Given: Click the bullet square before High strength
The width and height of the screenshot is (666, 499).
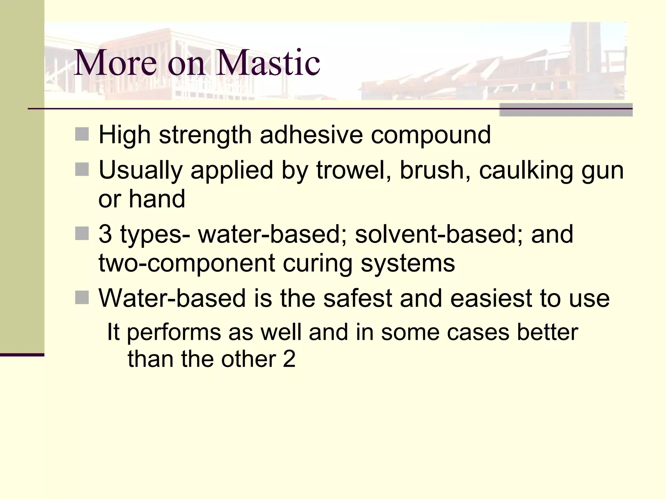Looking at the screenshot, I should [82, 134].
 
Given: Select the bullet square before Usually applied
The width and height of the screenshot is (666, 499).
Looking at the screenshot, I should [82, 169].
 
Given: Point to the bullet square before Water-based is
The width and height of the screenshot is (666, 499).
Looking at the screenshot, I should [82, 298].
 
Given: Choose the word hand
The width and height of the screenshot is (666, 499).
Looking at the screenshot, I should [157, 199].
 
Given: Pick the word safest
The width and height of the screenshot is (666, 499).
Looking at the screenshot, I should [358, 298].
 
